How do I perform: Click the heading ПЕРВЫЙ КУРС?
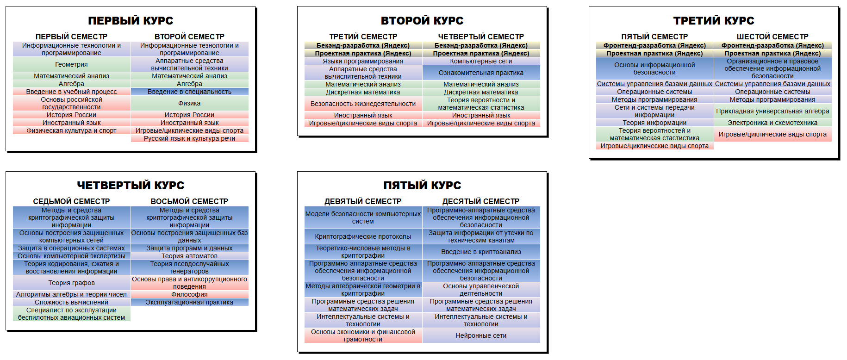tap(131, 21)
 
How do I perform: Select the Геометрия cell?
tap(72, 64)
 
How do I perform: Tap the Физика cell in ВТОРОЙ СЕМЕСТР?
tap(190, 103)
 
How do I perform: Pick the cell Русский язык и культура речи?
tap(190, 138)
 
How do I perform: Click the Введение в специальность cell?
tap(190, 92)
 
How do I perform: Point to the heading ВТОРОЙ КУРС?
tap(422, 21)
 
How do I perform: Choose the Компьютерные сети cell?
tap(481, 61)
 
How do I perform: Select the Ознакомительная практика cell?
tap(481, 73)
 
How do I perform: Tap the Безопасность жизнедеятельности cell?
tap(363, 104)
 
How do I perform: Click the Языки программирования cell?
tap(363, 61)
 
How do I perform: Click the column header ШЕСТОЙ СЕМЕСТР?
tap(772, 37)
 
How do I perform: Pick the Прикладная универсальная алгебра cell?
tap(773, 111)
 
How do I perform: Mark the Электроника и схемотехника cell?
tap(773, 123)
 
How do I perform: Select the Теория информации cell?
tap(655, 123)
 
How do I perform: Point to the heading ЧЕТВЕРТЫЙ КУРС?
tap(131, 186)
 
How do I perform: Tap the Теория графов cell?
tap(72, 283)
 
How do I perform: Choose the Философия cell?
tap(190, 294)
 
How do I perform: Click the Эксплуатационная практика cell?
tap(190, 302)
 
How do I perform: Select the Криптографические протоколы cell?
tap(363, 236)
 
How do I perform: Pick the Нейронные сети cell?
tap(481, 335)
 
